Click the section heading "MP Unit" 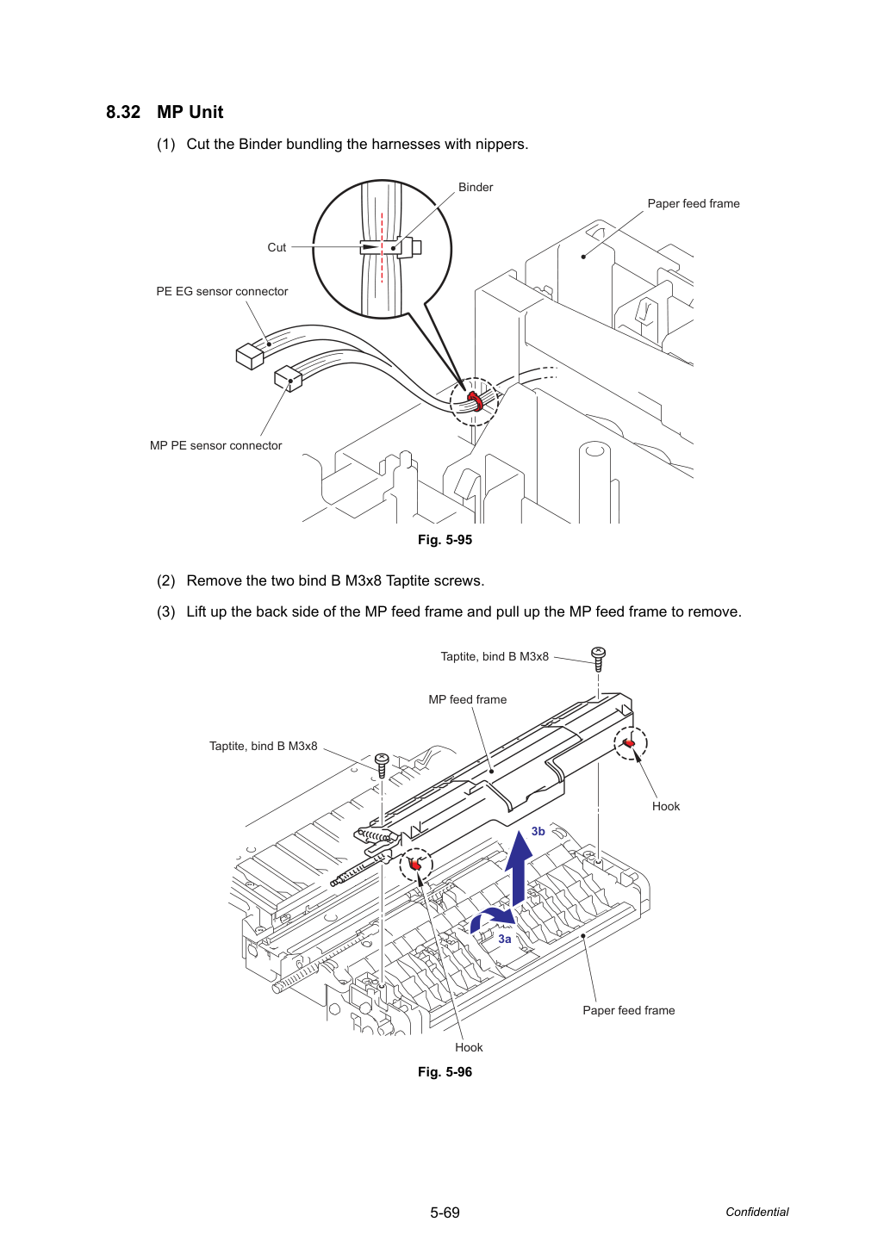[190, 112]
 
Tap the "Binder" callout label [475, 187]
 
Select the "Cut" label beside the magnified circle [277, 247]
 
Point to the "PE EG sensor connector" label [222, 291]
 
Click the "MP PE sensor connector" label [216, 445]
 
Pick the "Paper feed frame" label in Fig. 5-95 [694, 203]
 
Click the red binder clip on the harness [475, 400]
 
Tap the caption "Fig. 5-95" [445, 540]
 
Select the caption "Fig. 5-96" [445, 1072]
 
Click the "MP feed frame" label [467, 699]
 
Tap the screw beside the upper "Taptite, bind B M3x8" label [598, 659]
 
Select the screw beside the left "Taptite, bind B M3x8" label [383, 765]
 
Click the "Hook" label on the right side [666, 806]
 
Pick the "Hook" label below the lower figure [469, 1047]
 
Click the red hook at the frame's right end [630, 743]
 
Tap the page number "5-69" [445, 1212]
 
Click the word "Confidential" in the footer [756, 1212]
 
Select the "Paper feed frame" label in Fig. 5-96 [629, 1010]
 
